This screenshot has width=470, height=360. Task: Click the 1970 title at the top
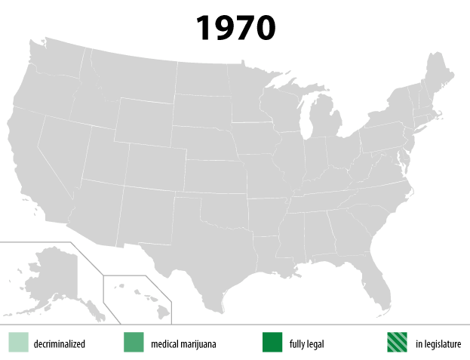point(235,27)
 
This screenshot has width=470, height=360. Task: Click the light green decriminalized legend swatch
point(18,342)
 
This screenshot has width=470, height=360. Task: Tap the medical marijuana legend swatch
point(134,342)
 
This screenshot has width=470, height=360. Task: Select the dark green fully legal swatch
point(272,342)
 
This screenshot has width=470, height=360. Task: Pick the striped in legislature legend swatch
point(397,342)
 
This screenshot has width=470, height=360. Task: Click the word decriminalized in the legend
point(59,344)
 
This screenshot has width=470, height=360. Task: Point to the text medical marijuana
point(183,344)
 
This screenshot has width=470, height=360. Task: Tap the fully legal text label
point(306,344)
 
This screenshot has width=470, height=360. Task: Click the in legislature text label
point(438,344)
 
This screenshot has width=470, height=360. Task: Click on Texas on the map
point(204,257)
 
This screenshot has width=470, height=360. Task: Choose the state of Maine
point(440,75)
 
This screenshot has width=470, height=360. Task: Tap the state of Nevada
point(65,151)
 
